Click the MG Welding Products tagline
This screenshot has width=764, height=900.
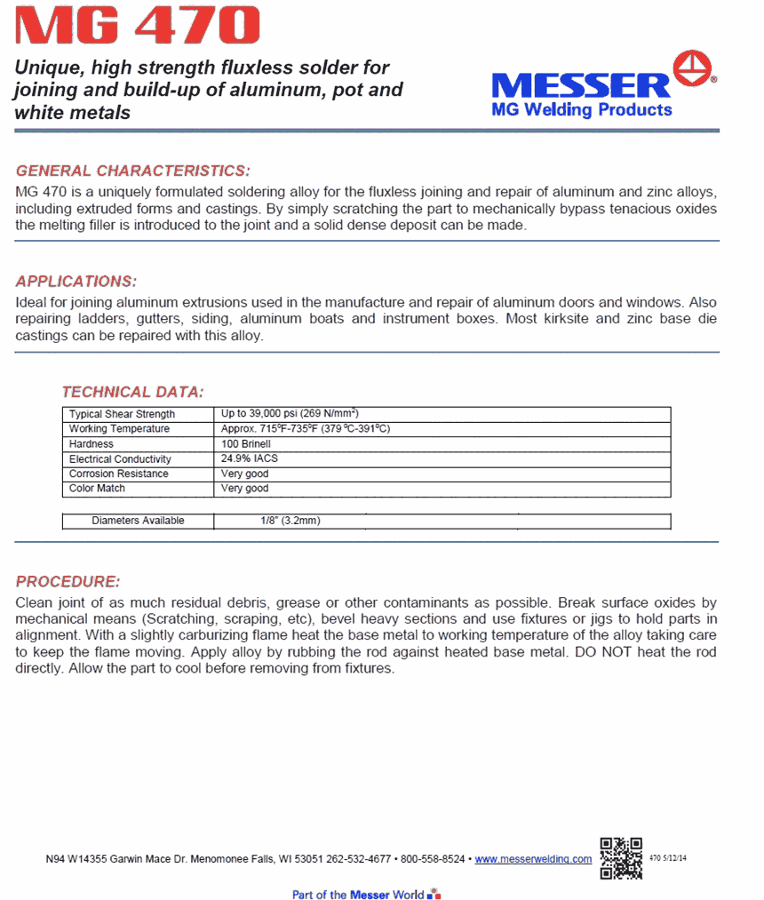click(x=582, y=109)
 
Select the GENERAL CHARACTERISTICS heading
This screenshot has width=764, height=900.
click(x=133, y=171)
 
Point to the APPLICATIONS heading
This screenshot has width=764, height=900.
click(x=76, y=282)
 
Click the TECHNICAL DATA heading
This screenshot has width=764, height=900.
click(x=133, y=392)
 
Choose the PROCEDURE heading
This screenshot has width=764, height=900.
click(x=68, y=582)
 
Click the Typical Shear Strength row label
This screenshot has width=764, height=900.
click(x=123, y=414)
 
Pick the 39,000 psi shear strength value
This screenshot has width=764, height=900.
click(x=290, y=414)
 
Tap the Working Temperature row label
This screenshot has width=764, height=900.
click(x=119, y=429)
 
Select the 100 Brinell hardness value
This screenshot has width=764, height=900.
click(x=246, y=444)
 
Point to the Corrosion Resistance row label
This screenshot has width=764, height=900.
click(x=119, y=474)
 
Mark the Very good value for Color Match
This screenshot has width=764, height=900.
click(x=244, y=489)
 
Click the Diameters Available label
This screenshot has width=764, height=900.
click(x=138, y=521)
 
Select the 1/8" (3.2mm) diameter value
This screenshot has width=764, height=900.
click(x=284, y=521)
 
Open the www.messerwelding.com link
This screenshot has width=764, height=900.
click(x=533, y=859)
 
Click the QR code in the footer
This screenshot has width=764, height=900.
click(x=621, y=857)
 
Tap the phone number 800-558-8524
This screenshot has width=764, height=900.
click(x=434, y=859)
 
